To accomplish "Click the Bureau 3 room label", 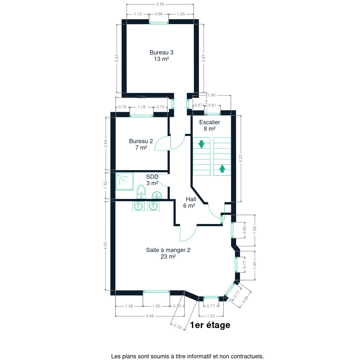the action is tap(161, 56).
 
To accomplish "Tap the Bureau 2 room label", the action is tap(141, 144).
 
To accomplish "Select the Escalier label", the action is tap(210, 125).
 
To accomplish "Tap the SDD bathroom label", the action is tap(152, 180).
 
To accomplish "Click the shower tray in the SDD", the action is tap(125, 181).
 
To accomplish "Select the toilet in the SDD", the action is tap(141, 192).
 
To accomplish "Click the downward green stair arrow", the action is tap(201, 144).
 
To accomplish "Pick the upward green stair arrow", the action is tap(222, 169).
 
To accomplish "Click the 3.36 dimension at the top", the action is tap(160, 4).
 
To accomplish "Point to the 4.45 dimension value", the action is tap(105, 246).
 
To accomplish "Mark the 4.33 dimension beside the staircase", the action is tap(241, 158).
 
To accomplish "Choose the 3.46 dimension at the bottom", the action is tap(150, 316).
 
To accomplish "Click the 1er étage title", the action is tap(210, 325).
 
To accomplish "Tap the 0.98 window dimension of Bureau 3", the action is tap(159, 14).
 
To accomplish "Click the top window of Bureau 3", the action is tap(159, 23).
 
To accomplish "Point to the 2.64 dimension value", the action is tap(105, 143).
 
